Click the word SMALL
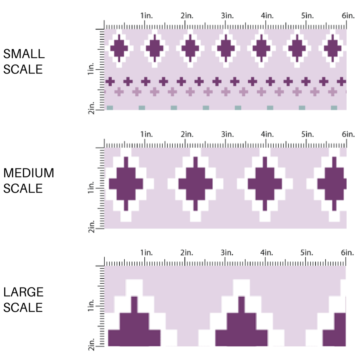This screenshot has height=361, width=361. coord(24,54)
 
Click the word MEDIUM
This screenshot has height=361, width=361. coord(29,173)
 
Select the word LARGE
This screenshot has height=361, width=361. coord(24,292)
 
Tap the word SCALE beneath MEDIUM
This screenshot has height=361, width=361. coord(23,189)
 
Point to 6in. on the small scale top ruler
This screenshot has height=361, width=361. coord(348,16)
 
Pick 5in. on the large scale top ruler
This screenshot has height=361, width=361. coord(307,253)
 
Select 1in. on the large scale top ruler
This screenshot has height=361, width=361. coord(146,253)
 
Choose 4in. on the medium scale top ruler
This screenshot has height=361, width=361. coord(267,134)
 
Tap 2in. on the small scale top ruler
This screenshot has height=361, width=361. coord(187,16)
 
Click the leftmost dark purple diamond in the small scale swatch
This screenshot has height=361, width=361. coord(119,48)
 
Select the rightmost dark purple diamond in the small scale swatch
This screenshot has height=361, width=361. coord(333,48)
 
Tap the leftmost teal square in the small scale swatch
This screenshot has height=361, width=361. coord(110,108)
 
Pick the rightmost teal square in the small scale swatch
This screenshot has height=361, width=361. coord(334,108)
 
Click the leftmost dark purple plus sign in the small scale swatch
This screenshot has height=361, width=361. coord(110,81)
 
